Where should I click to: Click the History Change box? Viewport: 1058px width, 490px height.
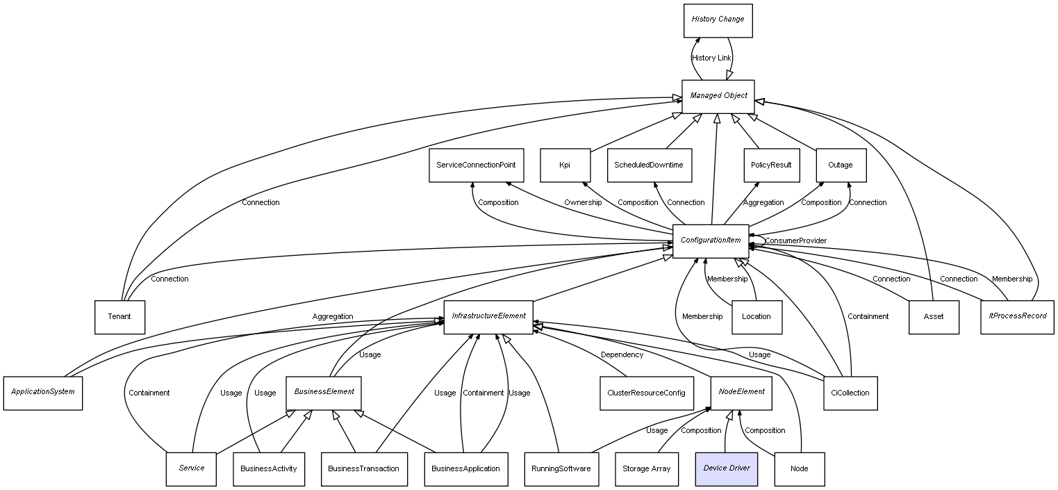click(x=718, y=20)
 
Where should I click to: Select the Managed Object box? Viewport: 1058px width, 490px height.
click(x=718, y=96)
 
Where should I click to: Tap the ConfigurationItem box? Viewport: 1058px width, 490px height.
click(x=710, y=240)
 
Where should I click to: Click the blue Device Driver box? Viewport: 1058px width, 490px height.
click(x=726, y=468)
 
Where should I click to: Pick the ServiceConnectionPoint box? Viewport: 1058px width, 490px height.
click(x=476, y=165)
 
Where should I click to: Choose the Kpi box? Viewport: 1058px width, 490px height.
click(x=565, y=165)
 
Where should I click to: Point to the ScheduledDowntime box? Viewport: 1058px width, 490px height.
click(x=649, y=165)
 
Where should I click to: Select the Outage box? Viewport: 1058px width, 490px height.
click(x=841, y=165)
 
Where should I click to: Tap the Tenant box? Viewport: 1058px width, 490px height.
click(x=119, y=317)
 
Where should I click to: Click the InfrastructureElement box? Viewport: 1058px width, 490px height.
click(x=488, y=317)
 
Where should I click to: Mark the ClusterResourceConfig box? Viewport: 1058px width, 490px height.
click(x=646, y=393)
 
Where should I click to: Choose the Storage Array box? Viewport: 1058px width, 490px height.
click(x=646, y=468)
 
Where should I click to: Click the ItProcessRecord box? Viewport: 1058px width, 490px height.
click(x=1017, y=317)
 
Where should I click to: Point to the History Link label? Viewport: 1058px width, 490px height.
click(x=711, y=58)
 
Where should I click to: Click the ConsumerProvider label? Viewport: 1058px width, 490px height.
click(x=795, y=240)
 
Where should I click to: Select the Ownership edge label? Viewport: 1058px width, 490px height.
click(x=583, y=202)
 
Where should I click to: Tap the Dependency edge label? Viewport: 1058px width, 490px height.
click(x=622, y=354)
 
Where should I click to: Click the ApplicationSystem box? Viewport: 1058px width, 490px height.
click(x=42, y=393)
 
